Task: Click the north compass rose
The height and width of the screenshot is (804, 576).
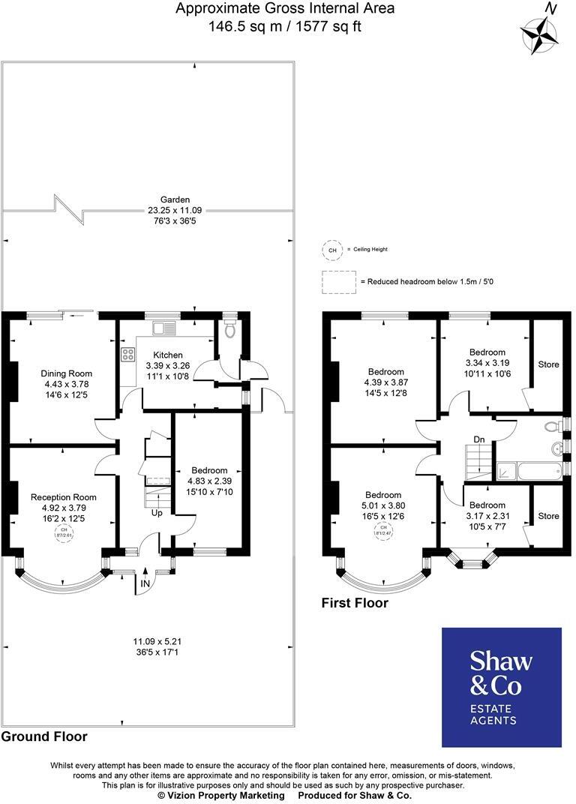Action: point(540,34)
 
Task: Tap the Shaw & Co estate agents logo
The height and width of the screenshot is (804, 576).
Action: point(501,687)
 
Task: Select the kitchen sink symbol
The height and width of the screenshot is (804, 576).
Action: point(163,328)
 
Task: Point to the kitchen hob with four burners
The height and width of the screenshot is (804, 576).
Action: point(124,352)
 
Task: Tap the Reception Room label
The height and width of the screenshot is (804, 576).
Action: point(64,496)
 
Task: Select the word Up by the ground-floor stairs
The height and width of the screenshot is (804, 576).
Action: point(158,514)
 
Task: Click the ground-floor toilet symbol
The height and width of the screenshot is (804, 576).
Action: point(230,330)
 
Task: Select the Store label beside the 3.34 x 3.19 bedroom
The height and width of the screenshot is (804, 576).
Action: point(548,364)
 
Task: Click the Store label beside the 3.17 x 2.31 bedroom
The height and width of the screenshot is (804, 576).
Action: point(548,516)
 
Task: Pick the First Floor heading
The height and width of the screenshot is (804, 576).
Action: point(355,602)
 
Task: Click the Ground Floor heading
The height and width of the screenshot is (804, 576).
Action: point(44,736)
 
